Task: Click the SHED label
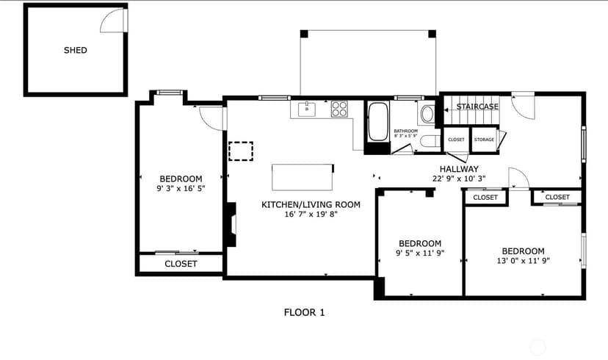[x=75, y=50]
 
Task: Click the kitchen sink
[x=307, y=109]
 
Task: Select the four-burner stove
[x=339, y=109]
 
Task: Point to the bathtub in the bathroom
[x=378, y=121]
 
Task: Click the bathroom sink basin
[x=427, y=114]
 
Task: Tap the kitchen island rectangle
[x=303, y=177]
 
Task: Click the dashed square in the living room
[x=241, y=151]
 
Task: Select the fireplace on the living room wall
[x=231, y=224]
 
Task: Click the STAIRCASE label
[x=477, y=107]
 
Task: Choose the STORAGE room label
[x=484, y=140]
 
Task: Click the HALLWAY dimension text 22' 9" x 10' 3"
[x=459, y=179]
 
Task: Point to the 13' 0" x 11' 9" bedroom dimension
[x=523, y=261]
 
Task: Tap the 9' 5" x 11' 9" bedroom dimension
[x=420, y=253]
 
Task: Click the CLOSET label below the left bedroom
[x=181, y=264]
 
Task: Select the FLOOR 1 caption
[x=305, y=312]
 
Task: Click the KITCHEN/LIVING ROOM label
[x=311, y=204]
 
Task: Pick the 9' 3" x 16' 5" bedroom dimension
[x=181, y=189]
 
